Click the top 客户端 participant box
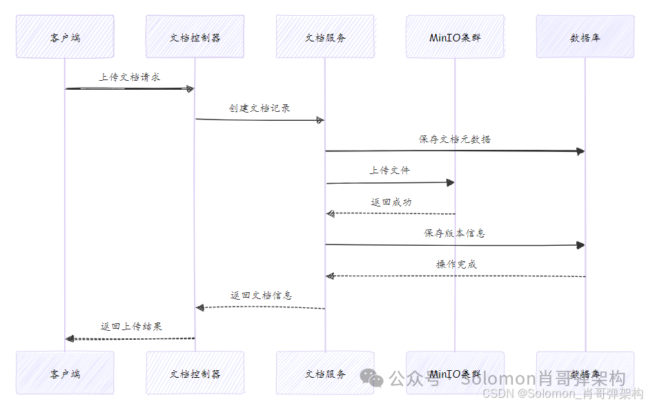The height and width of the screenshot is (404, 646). coord(65,37)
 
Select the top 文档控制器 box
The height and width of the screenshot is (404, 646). coord(195,37)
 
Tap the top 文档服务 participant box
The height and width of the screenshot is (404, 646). coord(325,37)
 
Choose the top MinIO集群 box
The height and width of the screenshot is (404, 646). coord(455,37)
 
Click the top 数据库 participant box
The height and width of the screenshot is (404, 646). coord(585,37)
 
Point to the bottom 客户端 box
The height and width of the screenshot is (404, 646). coord(65,373)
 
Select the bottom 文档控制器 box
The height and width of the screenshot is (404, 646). coord(195,373)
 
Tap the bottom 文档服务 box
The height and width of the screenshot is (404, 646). coord(325,373)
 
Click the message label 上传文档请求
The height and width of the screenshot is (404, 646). coord(130,77)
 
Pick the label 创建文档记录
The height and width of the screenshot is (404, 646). coord(260,108)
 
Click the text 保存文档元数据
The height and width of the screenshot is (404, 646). coord(455,139)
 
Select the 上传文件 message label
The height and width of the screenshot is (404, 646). coord(390,170)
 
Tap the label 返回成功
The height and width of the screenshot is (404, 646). coord(391,202)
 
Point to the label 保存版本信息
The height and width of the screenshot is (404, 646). coord(454,233)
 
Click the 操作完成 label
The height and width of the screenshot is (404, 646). coord(456,264)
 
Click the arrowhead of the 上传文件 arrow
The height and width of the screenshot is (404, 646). coord(450,182)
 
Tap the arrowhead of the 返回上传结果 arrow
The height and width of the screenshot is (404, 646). coord(69,338)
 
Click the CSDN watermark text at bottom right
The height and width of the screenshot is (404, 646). coord(562,394)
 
